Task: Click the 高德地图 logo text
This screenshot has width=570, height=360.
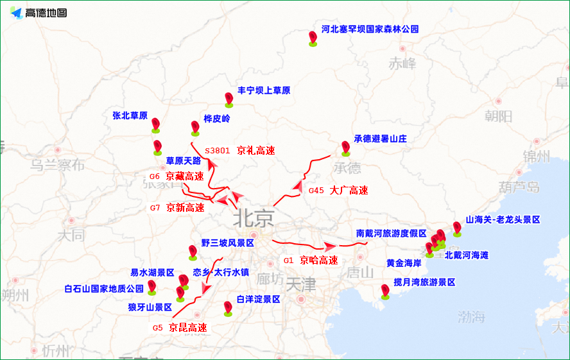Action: [46, 13]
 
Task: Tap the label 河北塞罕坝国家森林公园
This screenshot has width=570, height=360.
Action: [370, 30]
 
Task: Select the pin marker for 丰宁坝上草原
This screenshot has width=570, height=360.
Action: [229, 99]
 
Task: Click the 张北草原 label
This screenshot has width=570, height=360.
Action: [130, 116]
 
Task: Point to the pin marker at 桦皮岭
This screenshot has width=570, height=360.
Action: [195, 127]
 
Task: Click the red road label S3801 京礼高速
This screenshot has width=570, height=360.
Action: [240, 151]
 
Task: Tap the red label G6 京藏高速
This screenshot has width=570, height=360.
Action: [177, 176]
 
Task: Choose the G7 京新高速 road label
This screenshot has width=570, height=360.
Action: [177, 208]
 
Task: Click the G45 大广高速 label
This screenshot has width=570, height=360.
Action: [338, 191]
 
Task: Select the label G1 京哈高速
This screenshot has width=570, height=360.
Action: [311, 261]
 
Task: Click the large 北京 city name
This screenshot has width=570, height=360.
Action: [254, 218]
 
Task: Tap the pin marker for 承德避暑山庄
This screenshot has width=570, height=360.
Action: [345, 148]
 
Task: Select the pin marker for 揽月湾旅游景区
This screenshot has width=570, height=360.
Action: [385, 291]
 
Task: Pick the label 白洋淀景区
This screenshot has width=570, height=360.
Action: [258, 299]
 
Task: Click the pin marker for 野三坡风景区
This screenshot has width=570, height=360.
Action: [193, 252]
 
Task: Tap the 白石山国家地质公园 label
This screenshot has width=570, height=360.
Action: [104, 289]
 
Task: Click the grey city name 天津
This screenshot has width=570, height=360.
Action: [301, 283]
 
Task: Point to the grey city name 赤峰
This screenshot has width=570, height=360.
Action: [402, 64]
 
